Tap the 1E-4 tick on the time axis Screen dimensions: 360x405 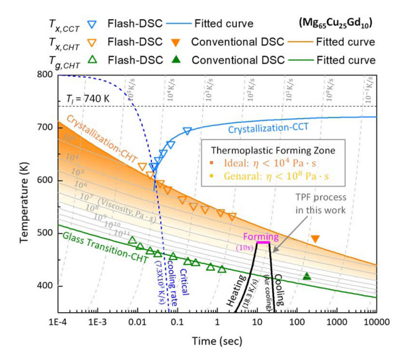58,323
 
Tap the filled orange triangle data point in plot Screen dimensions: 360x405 315,239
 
